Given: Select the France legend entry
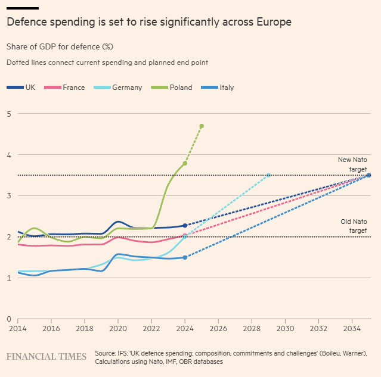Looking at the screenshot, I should (x=67, y=88).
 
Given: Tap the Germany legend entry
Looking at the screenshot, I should (x=119, y=88).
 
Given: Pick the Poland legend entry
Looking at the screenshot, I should (x=173, y=88).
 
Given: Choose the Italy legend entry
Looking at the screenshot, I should (x=219, y=88).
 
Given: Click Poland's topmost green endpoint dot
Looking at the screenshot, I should (x=202, y=126).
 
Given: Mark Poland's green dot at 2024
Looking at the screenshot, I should (x=185, y=163).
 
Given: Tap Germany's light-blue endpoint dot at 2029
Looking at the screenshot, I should (x=268, y=175).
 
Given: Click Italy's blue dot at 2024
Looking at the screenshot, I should (x=185, y=257).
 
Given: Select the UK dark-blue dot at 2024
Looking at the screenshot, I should (x=185, y=226).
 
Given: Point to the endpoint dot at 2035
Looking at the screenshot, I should (x=368, y=175).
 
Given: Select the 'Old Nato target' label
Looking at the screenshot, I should (x=353, y=226).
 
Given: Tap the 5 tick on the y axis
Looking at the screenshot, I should (x=9, y=114).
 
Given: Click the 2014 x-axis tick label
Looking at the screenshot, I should (x=18, y=329).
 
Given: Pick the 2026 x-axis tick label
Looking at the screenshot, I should (x=218, y=329).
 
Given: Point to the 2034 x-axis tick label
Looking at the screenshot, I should (x=352, y=329).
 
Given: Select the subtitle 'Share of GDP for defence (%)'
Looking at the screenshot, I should (x=60, y=46).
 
